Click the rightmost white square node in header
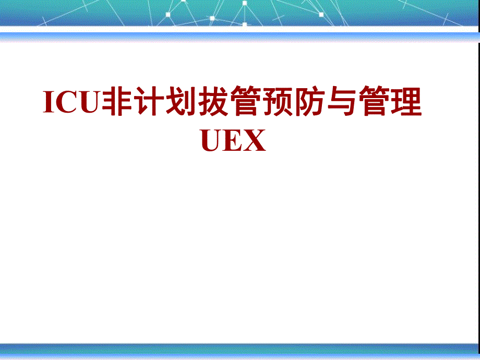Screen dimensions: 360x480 [x=321, y=15]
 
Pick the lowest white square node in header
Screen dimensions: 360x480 [x=244, y=24]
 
